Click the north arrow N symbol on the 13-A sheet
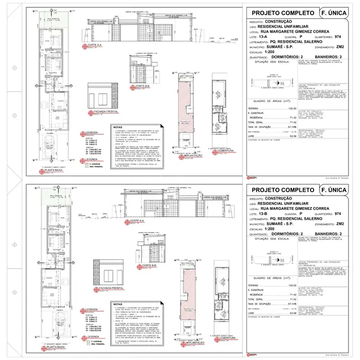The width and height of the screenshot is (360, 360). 282,81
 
